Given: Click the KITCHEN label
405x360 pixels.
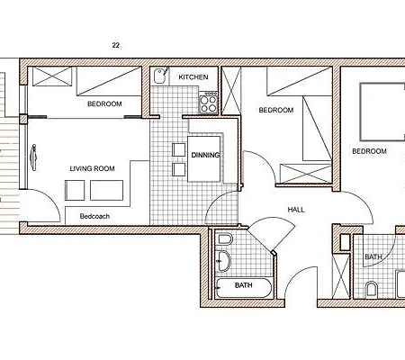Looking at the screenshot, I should [193, 77].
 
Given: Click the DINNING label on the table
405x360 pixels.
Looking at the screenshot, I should [205, 154].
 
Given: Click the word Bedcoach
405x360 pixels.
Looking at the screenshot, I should [95, 217].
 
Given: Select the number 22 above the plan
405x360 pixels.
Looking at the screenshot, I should [116, 44].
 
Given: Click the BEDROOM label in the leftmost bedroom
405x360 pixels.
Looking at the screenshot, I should [104, 104].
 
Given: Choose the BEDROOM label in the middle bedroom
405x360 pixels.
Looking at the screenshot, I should [275, 111].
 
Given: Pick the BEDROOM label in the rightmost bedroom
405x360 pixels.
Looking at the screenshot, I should [368, 151].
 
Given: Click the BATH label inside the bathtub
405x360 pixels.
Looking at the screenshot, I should [243, 286].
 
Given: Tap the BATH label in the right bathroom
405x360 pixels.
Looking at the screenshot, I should [373, 257].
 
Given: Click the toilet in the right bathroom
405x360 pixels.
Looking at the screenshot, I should [371, 290].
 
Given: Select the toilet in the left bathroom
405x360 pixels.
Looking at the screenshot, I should [225, 240].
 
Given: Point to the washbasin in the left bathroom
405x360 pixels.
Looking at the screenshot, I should [225, 262].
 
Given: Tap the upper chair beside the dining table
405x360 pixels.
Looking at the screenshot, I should [177, 148].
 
